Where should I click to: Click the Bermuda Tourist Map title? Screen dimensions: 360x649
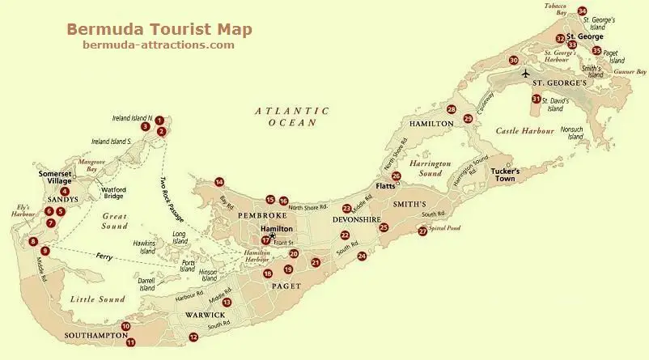tap(159, 29)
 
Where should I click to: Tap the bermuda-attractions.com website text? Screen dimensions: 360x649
tap(159, 45)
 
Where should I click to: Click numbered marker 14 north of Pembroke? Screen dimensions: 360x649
tap(219, 182)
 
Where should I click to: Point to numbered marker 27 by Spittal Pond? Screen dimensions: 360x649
tap(422, 231)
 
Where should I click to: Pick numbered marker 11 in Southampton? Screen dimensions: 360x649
tap(130, 342)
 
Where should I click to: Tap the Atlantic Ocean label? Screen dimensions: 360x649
tap(292, 116)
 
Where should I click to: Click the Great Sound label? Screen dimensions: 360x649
tap(116, 222)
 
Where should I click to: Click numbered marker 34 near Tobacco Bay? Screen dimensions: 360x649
tap(583, 11)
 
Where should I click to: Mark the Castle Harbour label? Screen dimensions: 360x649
tap(524, 130)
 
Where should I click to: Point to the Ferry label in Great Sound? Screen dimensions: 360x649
tap(104, 257)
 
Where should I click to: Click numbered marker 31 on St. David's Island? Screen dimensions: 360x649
tap(536, 99)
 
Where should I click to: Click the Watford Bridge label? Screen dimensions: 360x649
tap(112, 194)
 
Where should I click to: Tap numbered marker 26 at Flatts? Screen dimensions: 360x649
tap(396, 176)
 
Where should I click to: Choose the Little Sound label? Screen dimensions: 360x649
tap(97, 299)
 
